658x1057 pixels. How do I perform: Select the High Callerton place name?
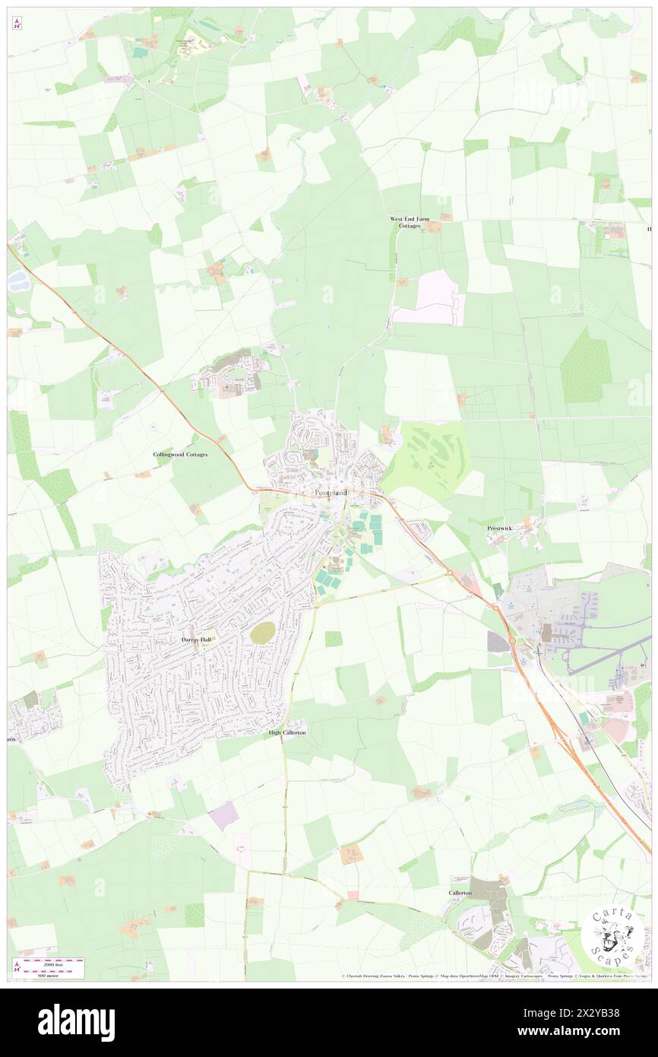[x=287, y=732]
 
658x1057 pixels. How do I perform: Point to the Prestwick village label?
[x=501, y=527]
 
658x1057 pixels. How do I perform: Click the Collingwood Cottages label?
[x=180, y=454]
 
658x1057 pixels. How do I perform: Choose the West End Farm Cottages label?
[x=410, y=222]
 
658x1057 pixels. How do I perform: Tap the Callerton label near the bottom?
[x=460, y=892]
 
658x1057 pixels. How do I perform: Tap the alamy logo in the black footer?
[x=76, y=1022]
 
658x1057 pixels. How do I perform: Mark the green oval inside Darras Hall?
[x=263, y=632]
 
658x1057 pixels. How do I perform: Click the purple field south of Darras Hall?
[x=223, y=816]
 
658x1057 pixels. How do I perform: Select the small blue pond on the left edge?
[x=17, y=281]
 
